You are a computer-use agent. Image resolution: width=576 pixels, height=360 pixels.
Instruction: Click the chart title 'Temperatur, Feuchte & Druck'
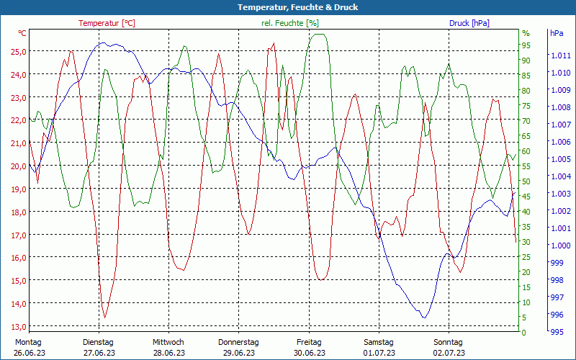point(287,7)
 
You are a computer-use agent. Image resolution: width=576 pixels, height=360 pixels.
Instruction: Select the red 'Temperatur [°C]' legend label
point(107,23)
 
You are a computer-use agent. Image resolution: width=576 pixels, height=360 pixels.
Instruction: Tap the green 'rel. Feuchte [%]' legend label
point(289,23)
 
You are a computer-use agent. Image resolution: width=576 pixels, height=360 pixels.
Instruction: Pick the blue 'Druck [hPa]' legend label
point(469,23)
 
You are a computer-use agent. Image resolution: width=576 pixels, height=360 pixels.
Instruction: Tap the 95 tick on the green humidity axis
point(526,45)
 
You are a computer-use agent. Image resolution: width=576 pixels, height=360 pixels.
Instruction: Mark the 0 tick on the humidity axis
point(523,333)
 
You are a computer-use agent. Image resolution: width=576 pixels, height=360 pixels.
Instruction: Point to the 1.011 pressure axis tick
point(559,55)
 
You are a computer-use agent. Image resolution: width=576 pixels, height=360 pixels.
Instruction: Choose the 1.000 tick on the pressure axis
point(559,246)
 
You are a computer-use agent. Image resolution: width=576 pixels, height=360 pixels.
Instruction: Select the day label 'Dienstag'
point(98,342)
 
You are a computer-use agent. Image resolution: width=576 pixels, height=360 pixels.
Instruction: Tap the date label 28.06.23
point(168,353)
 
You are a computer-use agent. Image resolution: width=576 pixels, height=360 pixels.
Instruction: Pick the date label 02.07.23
point(449,353)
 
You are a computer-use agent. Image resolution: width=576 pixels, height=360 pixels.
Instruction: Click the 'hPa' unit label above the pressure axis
point(557,33)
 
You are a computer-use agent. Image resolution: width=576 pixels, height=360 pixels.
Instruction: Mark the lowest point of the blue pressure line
point(424,318)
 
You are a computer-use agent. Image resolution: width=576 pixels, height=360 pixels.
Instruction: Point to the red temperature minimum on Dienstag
point(105,318)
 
